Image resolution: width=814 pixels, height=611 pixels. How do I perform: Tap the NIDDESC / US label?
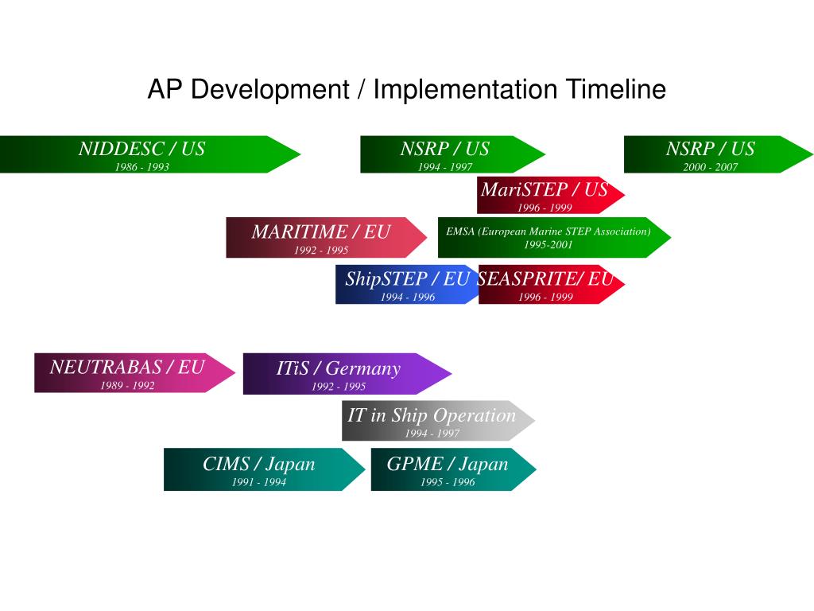(141, 149)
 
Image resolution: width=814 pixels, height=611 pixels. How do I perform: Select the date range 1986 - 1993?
(141, 167)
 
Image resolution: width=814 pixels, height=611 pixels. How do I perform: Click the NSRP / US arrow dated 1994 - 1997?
(444, 154)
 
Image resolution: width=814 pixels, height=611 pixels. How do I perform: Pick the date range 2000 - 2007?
(710, 167)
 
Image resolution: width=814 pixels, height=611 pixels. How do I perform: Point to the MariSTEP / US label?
(544, 190)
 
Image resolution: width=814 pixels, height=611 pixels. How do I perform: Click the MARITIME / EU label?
(321, 232)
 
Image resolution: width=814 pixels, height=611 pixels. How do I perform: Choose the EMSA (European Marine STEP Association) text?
(548, 232)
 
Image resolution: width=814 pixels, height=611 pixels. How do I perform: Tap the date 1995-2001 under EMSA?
(548, 245)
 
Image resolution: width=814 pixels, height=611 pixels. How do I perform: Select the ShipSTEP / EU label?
(407, 279)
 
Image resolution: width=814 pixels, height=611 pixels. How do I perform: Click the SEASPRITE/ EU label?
(545, 279)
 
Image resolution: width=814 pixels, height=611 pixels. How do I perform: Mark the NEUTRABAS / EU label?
(127, 367)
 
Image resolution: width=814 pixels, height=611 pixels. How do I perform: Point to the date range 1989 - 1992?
(127, 386)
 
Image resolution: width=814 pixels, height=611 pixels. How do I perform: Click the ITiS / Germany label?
(339, 368)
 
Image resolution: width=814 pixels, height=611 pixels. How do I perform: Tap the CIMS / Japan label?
(259, 464)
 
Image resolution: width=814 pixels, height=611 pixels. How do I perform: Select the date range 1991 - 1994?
(259, 482)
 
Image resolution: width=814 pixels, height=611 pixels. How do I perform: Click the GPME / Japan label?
(448, 464)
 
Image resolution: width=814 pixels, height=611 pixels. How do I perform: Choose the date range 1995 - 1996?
(448, 482)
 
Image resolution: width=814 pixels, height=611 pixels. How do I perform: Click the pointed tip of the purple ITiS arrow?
(450, 374)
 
